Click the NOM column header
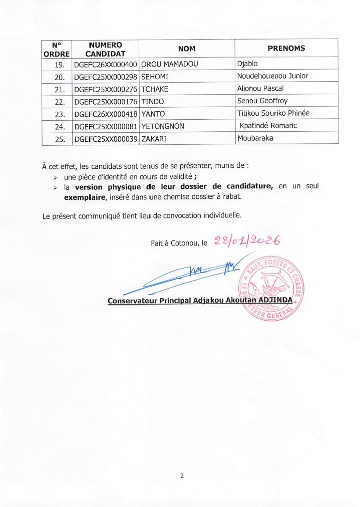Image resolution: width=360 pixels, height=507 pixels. [187, 49]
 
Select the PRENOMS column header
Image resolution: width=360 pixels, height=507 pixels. [286, 49]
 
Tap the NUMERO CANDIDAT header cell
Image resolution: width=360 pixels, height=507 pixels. [105, 49]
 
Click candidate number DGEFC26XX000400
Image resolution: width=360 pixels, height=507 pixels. [106, 64]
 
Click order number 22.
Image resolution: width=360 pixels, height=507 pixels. [60, 101]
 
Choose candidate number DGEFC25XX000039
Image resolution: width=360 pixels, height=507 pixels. [106, 139]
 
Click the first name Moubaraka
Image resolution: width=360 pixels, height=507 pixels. [255, 138]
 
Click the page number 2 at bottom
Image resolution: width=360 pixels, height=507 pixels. [182, 476]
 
